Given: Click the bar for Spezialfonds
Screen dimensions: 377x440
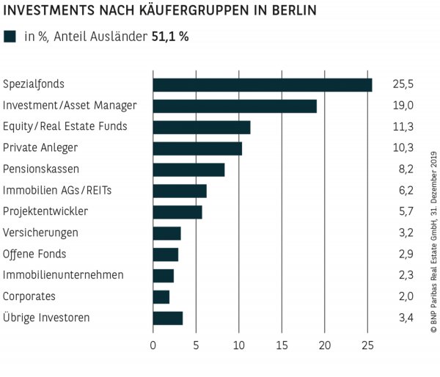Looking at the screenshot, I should tap(262, 84).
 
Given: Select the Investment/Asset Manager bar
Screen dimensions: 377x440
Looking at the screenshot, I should tap(235, 106).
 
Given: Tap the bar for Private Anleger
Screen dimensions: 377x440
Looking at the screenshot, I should tap(197, 148).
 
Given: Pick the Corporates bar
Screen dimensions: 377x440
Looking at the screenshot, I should tap(161, 296).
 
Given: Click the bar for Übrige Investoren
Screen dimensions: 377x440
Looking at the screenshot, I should tap(168, 318).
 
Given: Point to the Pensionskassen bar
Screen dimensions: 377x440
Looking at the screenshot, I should tap(188, 169).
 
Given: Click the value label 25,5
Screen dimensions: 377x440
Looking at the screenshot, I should tap(402, 84).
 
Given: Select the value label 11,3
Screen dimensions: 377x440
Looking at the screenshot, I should tap(401, 127).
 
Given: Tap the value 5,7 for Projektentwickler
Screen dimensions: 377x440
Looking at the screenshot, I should tap(401, 212).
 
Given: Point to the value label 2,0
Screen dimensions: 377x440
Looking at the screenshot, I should tap(401, 296).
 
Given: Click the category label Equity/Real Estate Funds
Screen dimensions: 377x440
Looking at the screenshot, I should tap(65, 127).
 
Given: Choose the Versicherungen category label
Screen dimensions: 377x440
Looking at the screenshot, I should tap(40, 233).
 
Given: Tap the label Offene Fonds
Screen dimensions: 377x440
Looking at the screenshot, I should tap(34, 255).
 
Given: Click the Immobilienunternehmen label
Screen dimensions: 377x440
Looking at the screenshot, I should tap(64, 275).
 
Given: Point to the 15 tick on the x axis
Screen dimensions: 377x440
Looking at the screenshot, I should tap(282, 345).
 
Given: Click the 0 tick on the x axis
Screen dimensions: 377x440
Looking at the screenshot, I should tap(153, 345).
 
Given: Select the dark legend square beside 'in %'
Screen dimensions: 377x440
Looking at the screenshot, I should tap(10, 37).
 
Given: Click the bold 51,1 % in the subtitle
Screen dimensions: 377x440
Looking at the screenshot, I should tap(170, 37).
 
